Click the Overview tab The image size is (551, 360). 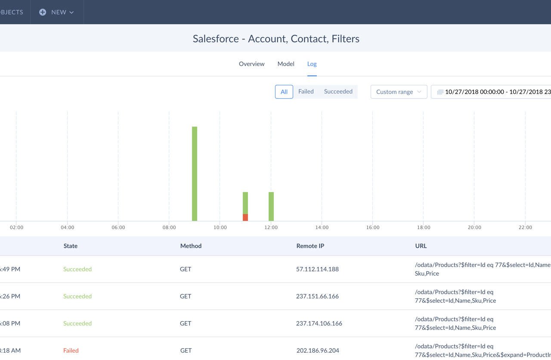[x=251, y=64]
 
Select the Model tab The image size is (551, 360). [x=286, y=64]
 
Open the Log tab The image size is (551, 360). [x=312, y=64]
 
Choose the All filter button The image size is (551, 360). [x=284, y=92]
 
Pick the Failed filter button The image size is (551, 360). [x=306, y=92]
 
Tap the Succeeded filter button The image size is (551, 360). [x=338, y=92]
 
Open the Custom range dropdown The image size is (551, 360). [x=399, y=92]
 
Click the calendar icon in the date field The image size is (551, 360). [x=440, y=92]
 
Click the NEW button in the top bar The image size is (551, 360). [x=57, y=12]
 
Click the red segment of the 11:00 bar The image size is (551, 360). [x=245, y=217]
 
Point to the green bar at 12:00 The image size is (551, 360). [x=271, y=206]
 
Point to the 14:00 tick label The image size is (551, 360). [x=322, y=227]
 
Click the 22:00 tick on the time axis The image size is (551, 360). [x=525, y=227]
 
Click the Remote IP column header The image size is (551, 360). [x=310, y=246]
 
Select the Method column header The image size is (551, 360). [x=191, y=246]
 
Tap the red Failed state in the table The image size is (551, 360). [x=71, y=351]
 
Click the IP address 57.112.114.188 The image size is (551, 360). [x=317, y=269]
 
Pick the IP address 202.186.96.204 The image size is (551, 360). [x=318, y=351]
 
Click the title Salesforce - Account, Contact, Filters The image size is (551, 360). [x=276, y=39]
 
